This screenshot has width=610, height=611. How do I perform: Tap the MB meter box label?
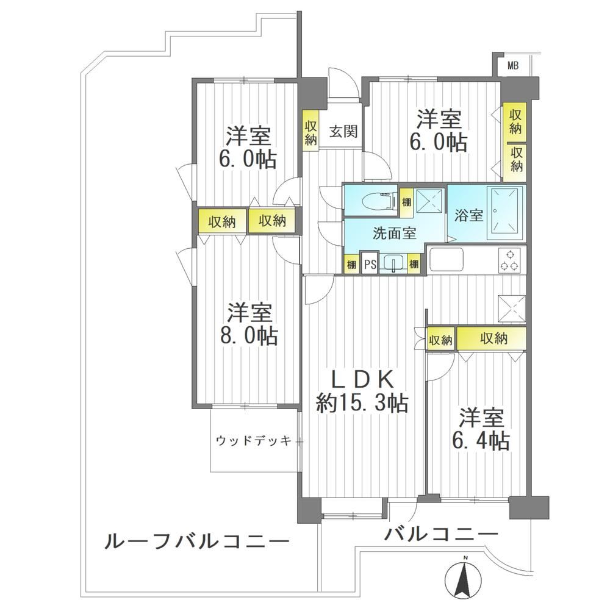point(513,65)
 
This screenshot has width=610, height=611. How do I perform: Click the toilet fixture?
point(377,201)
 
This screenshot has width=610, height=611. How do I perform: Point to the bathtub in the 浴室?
point(505,214)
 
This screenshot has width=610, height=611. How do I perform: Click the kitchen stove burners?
point(510,261)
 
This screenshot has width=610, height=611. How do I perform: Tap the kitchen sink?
point(446,260)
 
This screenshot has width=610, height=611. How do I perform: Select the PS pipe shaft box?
point(370,264)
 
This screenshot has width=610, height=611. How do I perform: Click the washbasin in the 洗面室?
point(393,263)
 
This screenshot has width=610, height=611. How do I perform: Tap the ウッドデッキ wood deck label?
point(254,441)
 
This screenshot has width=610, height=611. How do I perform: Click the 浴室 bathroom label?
point(468,215)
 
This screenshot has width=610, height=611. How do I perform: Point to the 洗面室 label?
point(395,233)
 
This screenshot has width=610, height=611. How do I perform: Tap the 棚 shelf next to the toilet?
point(406,203)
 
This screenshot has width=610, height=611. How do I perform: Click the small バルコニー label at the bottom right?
point(441,534)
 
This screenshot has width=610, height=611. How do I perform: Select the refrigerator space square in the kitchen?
point(512,309)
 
